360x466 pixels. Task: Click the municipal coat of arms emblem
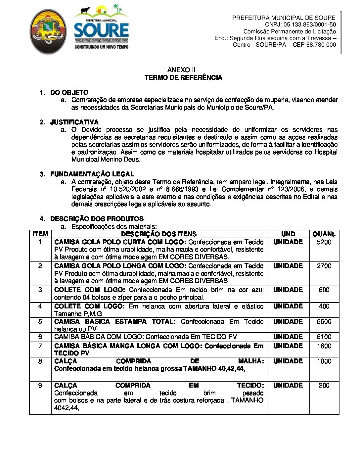(48, 32)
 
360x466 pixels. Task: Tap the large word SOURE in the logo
(101, 30)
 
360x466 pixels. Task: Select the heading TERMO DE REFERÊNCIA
(183, 78)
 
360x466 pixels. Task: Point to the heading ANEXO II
(181, 70)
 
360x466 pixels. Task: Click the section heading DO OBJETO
(69, 92)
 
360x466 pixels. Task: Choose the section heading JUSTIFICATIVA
(74, 122)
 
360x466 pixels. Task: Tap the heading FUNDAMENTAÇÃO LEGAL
(92, 174)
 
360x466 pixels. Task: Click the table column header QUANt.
(324, 234)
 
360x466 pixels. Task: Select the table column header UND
(288, 234)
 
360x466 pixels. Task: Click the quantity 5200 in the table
(324, 242)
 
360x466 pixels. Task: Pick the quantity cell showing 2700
(324, 266)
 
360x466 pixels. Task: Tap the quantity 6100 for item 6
(324, 337)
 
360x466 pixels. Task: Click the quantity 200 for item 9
(324, 386)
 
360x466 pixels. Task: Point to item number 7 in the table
(40, 346)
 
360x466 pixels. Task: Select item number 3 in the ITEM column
(40, 290)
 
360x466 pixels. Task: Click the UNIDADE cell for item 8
(288, 361)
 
